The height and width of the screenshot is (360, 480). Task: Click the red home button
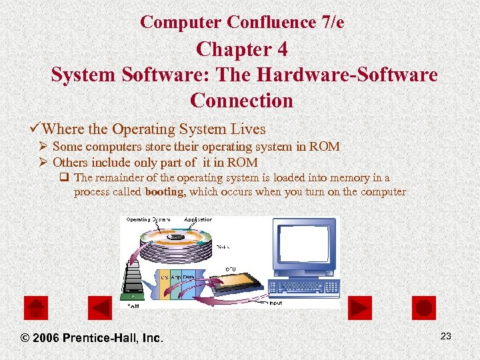(x=35, y=307)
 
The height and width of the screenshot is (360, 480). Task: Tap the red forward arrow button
(x=360, y=307)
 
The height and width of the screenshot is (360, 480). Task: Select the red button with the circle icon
(x=424, y=307)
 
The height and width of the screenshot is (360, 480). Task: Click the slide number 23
(x=446, y=336)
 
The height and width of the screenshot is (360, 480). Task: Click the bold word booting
(x=166, y=191)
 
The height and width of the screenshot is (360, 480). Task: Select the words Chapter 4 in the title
(x=241, y=49)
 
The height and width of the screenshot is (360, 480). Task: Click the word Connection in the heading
(x=241, y=100)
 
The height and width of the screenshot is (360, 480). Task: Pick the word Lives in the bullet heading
(x=247, y=129)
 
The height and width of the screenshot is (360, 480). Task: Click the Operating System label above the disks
(x=148, y=219)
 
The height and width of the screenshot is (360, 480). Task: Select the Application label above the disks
(x=198, y=219)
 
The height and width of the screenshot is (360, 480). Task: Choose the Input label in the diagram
(x=275, y=303)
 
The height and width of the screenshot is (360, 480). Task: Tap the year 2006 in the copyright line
(x=46, y=338)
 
